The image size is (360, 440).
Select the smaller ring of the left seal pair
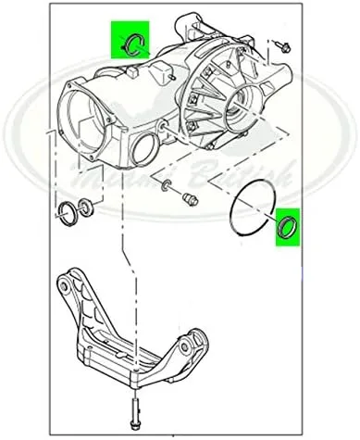tap(87, 205)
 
